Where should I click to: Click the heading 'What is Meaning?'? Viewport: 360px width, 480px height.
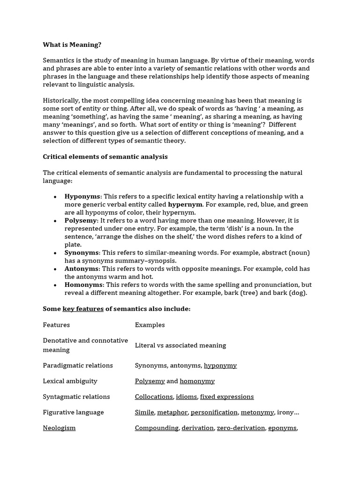pos(72,45)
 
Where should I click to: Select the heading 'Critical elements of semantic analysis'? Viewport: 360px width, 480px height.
pos(105,157)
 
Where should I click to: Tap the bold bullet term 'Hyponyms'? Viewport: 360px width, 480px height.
pos(82,196)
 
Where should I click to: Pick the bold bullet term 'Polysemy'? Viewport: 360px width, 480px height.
pos(81,220)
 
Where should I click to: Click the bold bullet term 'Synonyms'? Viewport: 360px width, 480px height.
pos(82,253)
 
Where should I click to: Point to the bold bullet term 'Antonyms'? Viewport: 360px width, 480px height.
pos(82,269)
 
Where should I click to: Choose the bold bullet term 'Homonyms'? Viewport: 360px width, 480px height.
pos(83,285)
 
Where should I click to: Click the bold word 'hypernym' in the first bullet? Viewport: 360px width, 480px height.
pos(185,204)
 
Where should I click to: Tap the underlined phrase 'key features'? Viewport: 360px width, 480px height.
pos(83,309)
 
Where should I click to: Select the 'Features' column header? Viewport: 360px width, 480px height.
pos(56,325)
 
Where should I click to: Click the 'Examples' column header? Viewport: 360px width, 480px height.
pos(150,325)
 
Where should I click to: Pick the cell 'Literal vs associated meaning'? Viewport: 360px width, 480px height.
pos(180,345)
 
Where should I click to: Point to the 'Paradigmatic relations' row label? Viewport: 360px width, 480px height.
pos(78,366)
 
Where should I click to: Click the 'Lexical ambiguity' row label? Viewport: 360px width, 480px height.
pos(70,381)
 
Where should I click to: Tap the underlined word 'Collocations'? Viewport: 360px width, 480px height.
pos(154,397)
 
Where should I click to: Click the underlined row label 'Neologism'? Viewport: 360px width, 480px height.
pos(59,428)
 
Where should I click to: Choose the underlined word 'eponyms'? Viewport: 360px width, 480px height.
pos(282,428)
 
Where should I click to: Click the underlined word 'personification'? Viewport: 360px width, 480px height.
pos(214,412)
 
